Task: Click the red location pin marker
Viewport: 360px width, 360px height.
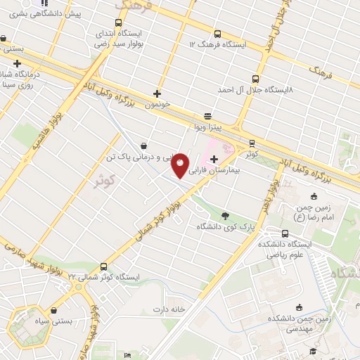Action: coord(181,165)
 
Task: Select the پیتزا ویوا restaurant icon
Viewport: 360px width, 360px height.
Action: coord(207,116)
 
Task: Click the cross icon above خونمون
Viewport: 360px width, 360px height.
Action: coord(157,94)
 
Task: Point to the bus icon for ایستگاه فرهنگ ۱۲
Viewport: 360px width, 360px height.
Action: coord(217,33)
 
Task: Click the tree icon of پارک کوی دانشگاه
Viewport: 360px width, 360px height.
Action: coord(225,216)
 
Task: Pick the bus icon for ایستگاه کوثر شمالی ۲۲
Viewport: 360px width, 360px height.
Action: coord(104,266)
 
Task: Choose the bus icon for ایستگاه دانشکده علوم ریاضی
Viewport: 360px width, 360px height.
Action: coord(285,233)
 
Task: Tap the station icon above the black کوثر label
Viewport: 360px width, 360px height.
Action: coord(252,141)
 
